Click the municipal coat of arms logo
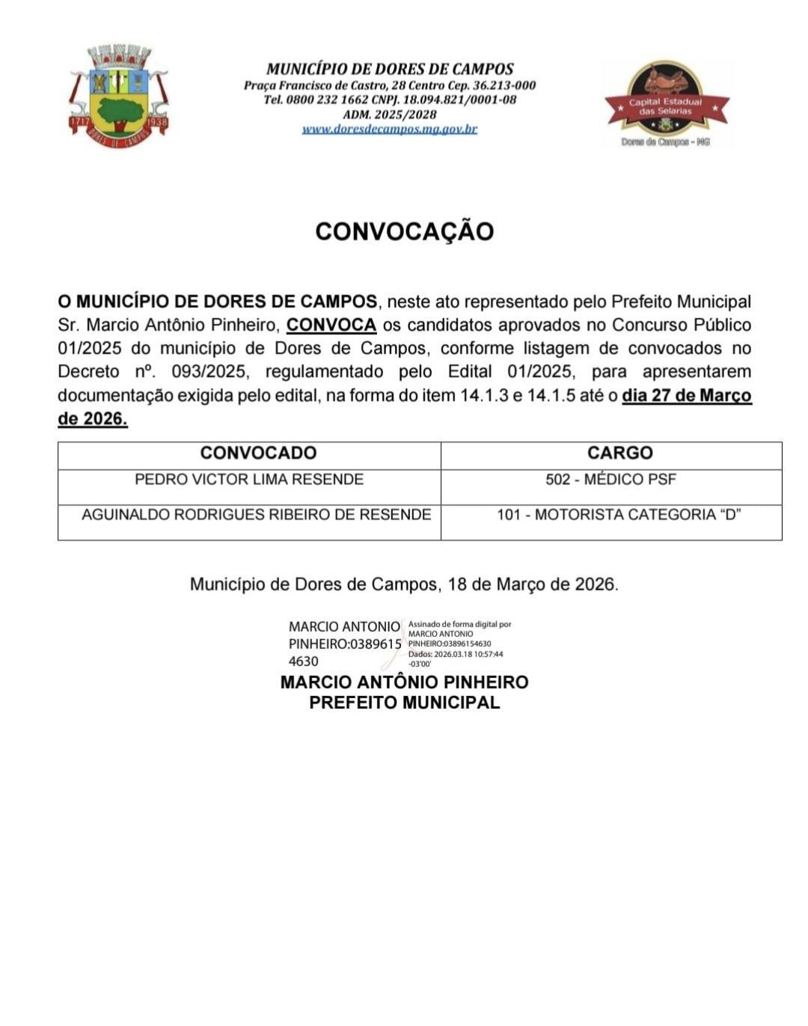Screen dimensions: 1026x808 119,96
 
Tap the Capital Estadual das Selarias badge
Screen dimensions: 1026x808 666,104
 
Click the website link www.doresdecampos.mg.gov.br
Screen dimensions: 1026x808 389,129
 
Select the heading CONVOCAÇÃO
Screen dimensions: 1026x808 404,231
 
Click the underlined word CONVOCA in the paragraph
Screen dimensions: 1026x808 331,325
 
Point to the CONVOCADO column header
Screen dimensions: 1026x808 258,453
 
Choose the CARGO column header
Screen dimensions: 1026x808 619,453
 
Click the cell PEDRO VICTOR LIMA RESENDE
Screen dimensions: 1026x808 249,480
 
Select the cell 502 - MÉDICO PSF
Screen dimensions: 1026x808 610,480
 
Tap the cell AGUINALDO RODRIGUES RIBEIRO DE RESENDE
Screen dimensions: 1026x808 256,515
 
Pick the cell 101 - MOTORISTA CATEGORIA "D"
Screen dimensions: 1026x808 619,515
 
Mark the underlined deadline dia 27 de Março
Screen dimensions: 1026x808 686,395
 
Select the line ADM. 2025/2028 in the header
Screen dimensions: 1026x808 389,114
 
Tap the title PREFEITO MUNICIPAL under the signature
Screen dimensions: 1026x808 404,703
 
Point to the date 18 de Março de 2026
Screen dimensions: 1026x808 533,584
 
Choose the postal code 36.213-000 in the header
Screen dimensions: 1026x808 504,85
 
